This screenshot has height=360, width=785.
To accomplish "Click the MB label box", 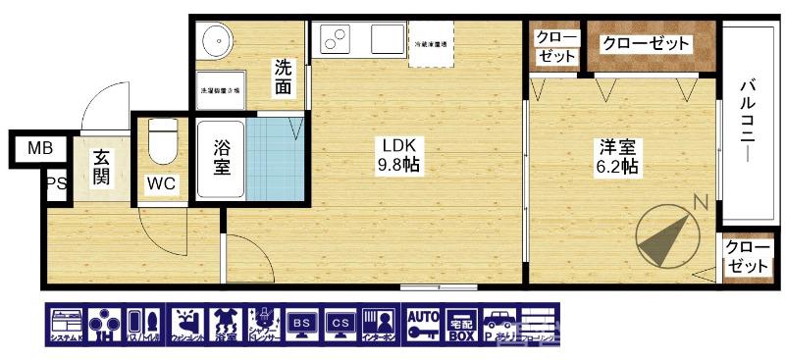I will point(40,149).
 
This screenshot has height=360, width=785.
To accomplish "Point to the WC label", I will point(161,183).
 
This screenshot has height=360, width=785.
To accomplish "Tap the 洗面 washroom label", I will point(283,77).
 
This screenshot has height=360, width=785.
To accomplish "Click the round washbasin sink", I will point(217,41).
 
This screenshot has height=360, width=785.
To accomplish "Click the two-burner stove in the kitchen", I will point(338,40).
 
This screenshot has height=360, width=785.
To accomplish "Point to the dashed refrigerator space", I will point(431,45).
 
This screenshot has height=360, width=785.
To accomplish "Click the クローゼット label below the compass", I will point(746,257).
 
